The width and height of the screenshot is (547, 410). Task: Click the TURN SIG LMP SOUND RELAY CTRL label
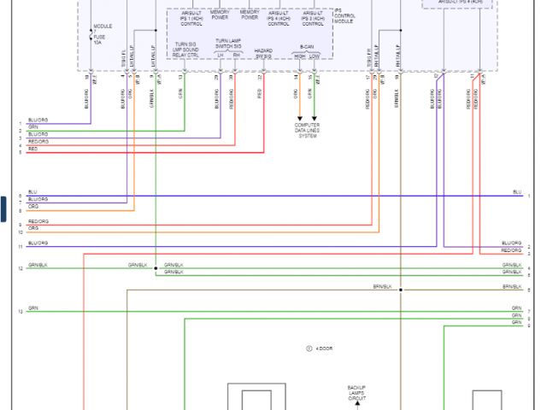(185, 50)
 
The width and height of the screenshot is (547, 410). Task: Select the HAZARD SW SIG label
(263, 53)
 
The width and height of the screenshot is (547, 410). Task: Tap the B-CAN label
(307, 47)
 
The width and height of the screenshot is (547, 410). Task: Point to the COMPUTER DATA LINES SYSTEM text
(308, 131)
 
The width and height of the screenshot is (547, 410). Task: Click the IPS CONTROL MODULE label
(345, 16)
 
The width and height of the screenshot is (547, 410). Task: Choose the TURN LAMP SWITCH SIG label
(227, 43)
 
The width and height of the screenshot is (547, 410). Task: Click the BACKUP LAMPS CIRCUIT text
(356, 393)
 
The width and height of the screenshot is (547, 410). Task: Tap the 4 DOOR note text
(323, 348)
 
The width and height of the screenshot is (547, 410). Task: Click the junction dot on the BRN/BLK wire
(399, 290)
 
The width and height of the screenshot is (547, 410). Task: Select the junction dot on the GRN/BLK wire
(156, 268)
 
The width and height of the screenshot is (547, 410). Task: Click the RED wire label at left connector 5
(32, 149)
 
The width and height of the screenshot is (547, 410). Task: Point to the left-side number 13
(20, 312)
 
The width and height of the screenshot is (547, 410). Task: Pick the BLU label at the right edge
(516, 192)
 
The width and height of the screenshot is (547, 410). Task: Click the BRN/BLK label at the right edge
(511, 286)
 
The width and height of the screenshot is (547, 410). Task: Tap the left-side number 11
(20, 247)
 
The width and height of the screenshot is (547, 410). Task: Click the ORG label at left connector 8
(32, 206)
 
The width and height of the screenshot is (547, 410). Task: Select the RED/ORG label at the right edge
(510, 250)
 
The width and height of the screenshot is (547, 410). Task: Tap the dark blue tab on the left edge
(3, 208)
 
